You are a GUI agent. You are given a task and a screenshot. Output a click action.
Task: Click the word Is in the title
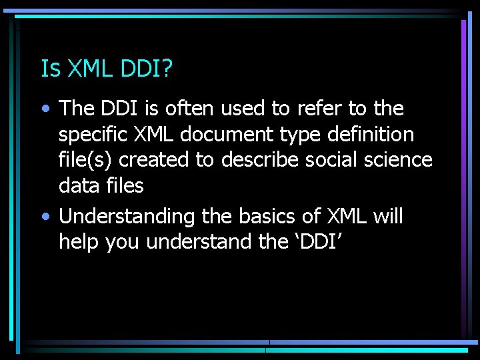point(48,68)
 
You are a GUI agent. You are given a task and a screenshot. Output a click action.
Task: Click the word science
point(399,160)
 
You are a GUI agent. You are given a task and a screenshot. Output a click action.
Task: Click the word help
point(79,242)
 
